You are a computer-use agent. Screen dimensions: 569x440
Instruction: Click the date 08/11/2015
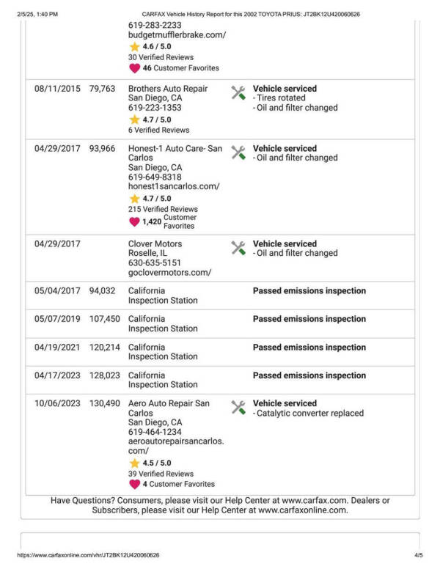click(57, 89)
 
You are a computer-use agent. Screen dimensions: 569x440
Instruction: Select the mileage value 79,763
click(103, 89)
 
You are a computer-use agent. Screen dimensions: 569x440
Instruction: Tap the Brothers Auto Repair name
click(168, 89)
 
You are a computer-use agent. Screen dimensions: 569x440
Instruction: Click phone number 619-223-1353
click(155, 108)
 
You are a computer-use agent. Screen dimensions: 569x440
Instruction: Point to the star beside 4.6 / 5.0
click(134, 46)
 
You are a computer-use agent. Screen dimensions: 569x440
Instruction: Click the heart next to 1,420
click(134, 221)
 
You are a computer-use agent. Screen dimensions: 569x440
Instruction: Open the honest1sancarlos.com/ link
click(174, 187)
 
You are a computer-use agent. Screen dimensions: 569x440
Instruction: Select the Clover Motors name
click(155, 244)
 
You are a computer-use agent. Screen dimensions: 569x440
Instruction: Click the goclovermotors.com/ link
click(169, 273)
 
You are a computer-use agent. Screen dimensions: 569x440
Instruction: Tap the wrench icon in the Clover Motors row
click(238, 248)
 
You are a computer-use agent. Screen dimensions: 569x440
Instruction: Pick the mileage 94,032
click(103, 291)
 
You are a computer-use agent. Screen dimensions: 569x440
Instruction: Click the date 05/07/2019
click(57, 319)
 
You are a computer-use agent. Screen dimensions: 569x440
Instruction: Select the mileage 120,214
click(104, 348)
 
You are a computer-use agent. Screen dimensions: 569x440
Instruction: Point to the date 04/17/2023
click(57, 375)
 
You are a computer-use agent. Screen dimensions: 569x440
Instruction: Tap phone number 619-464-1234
click(155, 433)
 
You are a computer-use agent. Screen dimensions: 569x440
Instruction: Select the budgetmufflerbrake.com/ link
click(177, 35)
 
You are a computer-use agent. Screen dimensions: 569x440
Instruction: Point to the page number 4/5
click(419, 556)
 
